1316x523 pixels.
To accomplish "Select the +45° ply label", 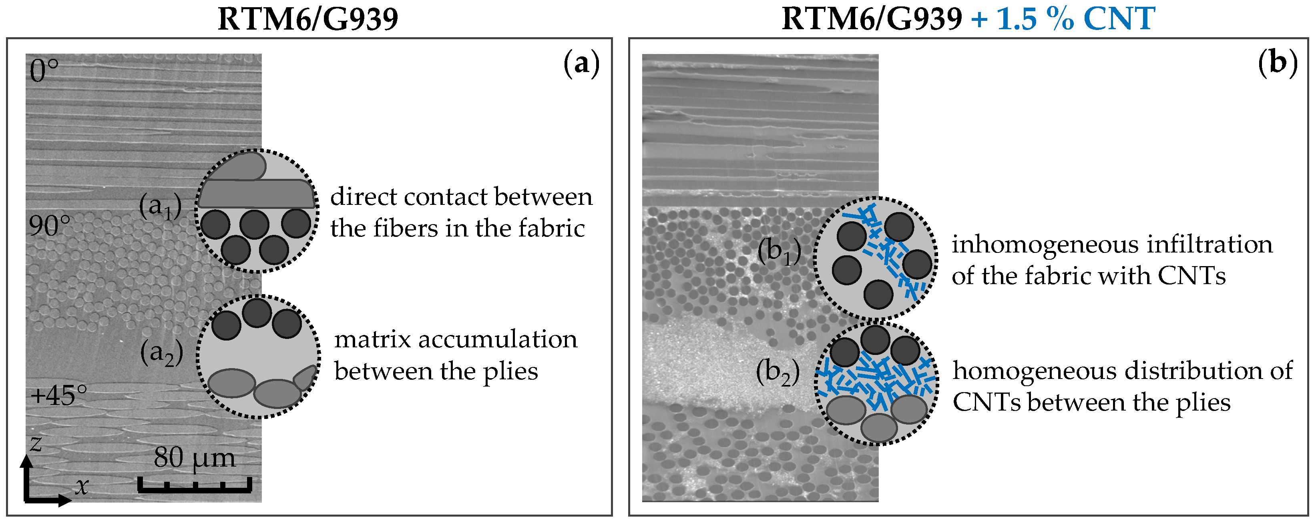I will (x=58, y=395).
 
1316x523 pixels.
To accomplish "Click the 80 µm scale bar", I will (x=195, y=485).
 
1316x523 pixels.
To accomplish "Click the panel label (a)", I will (x=581, y=65).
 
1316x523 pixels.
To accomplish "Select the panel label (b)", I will (x=1277, y=65).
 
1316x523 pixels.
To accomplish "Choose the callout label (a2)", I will (x=161, y=353).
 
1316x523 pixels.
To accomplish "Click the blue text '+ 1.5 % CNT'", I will (x=1063, y=20).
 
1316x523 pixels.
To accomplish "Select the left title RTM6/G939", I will (x=307, y=20).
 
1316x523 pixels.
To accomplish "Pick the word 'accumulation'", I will (x=498, y=340).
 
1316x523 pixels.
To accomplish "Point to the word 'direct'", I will (x=363, y=197).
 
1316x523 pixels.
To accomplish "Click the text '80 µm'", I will (x=195, y=458).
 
